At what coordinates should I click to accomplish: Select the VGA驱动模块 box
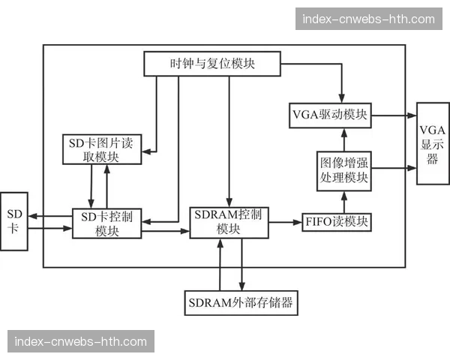pos(329,115)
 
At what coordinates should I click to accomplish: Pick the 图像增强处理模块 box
pos(344,169)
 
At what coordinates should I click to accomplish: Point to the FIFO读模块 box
pos(337,222)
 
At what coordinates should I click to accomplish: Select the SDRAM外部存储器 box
pos(240,303)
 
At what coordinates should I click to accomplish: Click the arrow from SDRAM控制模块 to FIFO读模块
pos(284,222)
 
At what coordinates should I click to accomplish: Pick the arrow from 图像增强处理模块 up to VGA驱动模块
pos(344,139)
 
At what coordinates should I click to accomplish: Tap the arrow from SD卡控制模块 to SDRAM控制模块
pos(165,231)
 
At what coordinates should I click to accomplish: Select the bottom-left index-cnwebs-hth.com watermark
pos(81,341)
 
